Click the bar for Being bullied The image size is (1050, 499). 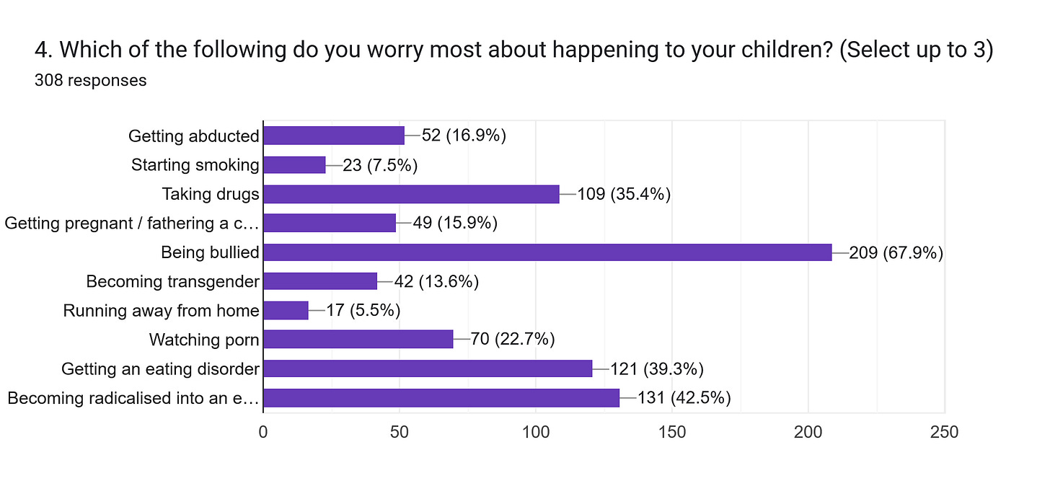click(x=547, y=252)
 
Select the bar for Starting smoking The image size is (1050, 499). click(x=294, y=165)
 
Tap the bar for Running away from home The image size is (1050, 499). click(x=286, y=311)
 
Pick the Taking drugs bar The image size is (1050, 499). click(x=411, y=194)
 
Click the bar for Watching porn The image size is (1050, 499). click(x=358, y=340)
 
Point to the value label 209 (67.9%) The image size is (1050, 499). click(x=896, y=252)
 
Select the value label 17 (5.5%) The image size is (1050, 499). click(x=363, y=311)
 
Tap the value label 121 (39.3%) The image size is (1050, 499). click(x=656, y=369)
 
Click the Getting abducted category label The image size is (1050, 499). click(x=193, y=136)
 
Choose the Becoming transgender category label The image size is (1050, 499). click(x=172, y=281)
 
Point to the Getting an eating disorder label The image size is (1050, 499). click(x=160, y=369)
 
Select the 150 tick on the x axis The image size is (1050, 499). click(x=672, y=432)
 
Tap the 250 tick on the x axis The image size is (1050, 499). click(x=944, y=432)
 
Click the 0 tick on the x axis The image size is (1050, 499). click(x=263, y=432)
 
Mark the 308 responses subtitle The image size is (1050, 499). click(x=90, y=80)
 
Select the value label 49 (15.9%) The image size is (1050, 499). click(x=455, y=224)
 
